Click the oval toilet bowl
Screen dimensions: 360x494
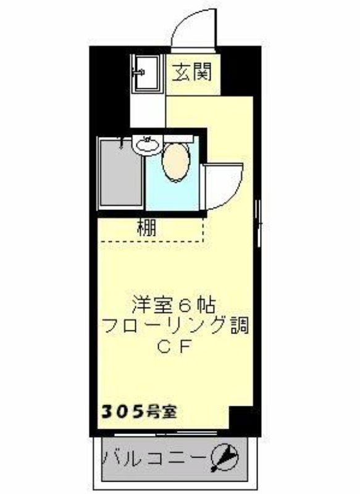click(x=176, y=162)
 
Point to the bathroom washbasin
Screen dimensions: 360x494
click(x=147, y=145)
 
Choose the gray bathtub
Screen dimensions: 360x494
click(x=120, y=173)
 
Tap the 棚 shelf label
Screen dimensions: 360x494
click(x=147, y=228)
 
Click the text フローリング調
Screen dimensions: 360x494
click(x=175, y=326)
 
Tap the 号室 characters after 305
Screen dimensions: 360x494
click(x=162, y=412)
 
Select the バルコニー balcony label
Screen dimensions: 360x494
click(x=155, y=458)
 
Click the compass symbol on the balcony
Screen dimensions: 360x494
click(x=224, y=458)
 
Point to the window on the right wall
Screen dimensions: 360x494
click(x=259, y=223)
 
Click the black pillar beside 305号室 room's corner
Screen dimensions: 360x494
click(x=244, y=421)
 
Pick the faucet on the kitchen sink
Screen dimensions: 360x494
click(x=138, y=72)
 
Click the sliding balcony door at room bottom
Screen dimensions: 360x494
click(x=172, y=435)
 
